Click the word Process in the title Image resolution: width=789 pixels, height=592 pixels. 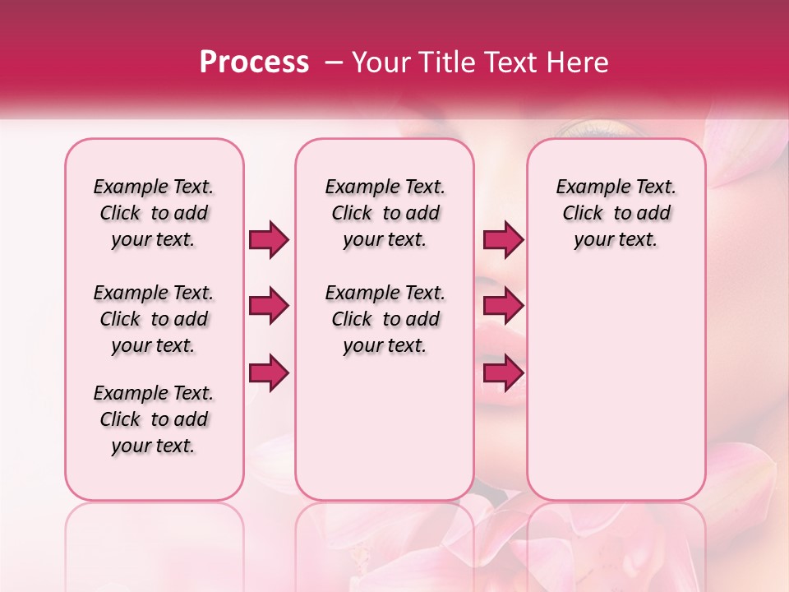(254, 62)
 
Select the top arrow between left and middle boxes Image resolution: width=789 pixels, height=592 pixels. (268, 240)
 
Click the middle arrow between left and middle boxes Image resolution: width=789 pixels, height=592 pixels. (268, 307)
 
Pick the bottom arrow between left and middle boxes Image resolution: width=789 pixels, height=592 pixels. (268, 374)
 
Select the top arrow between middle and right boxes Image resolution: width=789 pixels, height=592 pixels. (502, 240)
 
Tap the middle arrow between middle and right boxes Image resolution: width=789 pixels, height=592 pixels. (502, 307)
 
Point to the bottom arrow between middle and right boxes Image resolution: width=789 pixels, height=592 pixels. (502, 374)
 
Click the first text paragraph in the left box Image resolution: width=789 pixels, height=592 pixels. (154, 213)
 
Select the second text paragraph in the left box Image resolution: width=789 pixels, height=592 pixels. (154, 319)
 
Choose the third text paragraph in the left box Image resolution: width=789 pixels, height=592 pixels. (154, 419)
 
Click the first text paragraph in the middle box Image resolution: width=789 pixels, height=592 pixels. (385, 213)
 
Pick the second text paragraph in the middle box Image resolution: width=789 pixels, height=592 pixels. (385, 319)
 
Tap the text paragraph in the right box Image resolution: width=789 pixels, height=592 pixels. (616, 213)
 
